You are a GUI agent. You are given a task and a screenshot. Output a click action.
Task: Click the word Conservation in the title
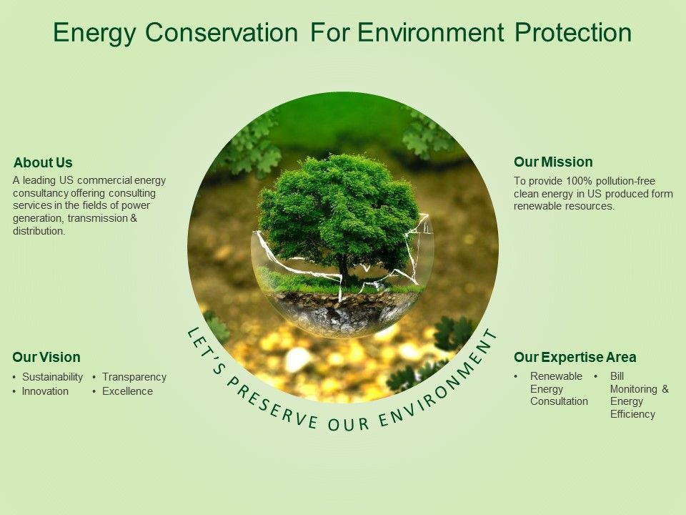222,32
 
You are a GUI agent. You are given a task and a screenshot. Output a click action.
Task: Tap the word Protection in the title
573,32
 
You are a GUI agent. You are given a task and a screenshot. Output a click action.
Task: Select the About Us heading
43,162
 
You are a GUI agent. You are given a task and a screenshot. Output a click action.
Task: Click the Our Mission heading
553,162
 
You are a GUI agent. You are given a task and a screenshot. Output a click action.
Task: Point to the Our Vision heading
46,357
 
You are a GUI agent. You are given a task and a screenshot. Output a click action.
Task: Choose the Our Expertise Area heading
575,357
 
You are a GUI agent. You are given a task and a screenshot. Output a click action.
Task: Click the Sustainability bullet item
52,377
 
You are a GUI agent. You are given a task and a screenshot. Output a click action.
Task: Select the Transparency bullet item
134,377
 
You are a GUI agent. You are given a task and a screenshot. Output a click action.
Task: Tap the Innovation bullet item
45,391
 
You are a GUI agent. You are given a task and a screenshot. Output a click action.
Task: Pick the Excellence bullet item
127,391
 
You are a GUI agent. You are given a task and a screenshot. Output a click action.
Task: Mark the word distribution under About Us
39,231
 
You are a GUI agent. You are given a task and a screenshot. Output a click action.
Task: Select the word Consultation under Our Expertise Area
559,401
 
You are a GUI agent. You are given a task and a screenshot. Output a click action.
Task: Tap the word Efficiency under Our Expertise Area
632,414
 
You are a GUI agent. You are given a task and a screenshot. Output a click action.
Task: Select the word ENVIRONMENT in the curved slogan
439,386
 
